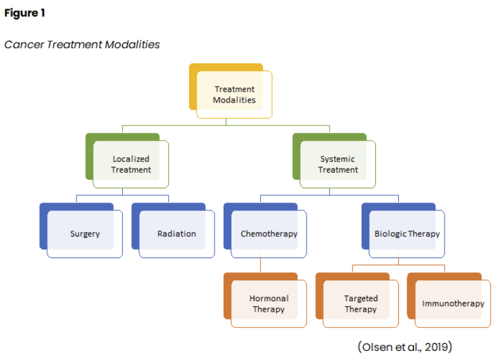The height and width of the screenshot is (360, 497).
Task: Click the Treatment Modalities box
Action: (x=233, y=95)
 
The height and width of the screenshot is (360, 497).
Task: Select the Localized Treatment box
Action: (x=131, y=164)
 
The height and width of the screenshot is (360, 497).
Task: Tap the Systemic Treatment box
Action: (x=338, y=164)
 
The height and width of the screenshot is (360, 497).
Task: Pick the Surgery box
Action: (x=85, y=234)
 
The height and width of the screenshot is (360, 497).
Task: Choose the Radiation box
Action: (x=177, y=234)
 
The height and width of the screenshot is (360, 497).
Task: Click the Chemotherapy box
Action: (x=269, y=234)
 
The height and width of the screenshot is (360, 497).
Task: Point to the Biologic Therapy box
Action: (x=407, y=234)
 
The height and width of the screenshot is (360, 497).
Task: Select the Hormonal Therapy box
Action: (x=269, y=304)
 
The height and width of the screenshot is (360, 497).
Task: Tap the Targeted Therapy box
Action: (x=360, y=304)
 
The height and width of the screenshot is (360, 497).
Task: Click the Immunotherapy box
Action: (x=453, y=304)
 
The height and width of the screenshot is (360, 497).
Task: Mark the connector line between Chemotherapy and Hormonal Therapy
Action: (x=261, y=265)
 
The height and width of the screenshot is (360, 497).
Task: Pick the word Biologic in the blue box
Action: (x=390, y=234)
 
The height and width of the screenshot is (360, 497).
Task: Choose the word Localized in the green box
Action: (x=131, y=159)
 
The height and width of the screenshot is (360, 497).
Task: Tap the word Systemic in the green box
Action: (x=337, y=159)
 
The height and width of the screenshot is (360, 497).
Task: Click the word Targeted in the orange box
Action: (x=361, y=299)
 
